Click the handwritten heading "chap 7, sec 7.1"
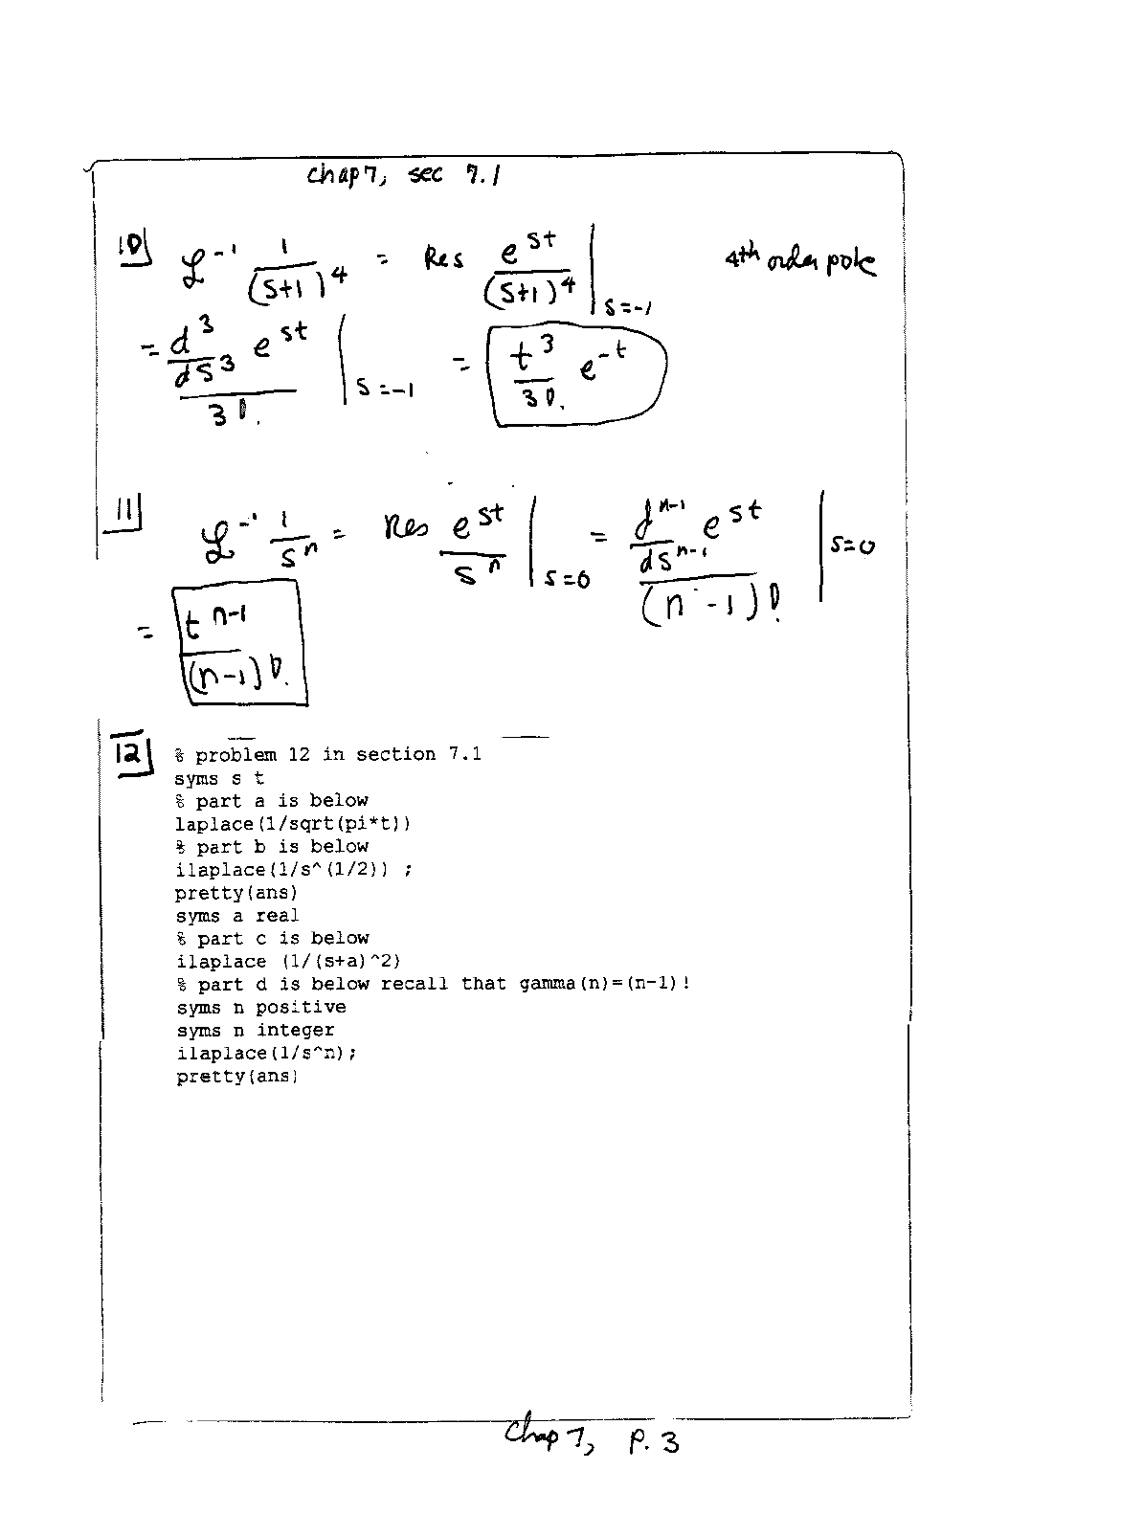405,175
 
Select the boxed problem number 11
122,518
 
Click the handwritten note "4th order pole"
799,260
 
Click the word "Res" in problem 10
444,258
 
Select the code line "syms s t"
219,778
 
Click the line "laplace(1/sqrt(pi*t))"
293,824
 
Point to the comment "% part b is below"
272,847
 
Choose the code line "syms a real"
237,916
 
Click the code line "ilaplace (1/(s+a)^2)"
288,962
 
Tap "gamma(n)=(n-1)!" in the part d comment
604,984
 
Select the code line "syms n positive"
260,1008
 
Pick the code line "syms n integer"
256,1031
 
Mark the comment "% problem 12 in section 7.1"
328,755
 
